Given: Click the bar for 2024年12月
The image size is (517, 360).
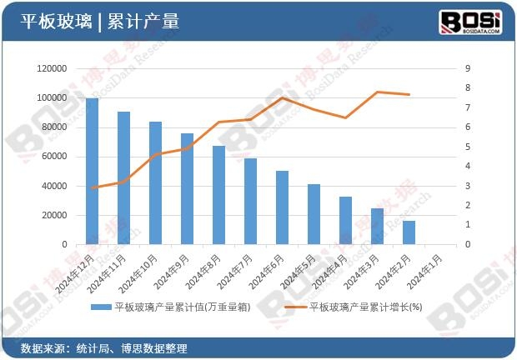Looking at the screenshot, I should pos(92,172).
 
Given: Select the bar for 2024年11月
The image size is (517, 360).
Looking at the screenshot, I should pos(123,178).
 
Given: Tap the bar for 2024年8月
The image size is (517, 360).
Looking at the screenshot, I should pos(218,195).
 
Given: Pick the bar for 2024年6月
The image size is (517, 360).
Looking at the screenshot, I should pos(282,207).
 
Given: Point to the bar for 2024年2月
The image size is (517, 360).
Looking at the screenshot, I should pos(409,232).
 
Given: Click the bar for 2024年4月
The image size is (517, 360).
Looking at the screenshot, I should pos(345,221).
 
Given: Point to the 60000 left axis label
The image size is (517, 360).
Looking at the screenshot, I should pos(53,157).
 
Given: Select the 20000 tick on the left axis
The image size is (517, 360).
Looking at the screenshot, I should pos(53,215).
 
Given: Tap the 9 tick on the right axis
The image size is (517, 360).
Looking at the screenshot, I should pos(468,68).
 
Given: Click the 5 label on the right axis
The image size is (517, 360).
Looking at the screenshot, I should pos(468,147).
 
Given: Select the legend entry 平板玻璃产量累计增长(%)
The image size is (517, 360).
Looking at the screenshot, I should pos(365,307).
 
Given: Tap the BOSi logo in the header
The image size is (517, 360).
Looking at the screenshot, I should pos(471,20).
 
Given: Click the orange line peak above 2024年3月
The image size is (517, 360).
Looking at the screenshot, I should pos(377,92).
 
